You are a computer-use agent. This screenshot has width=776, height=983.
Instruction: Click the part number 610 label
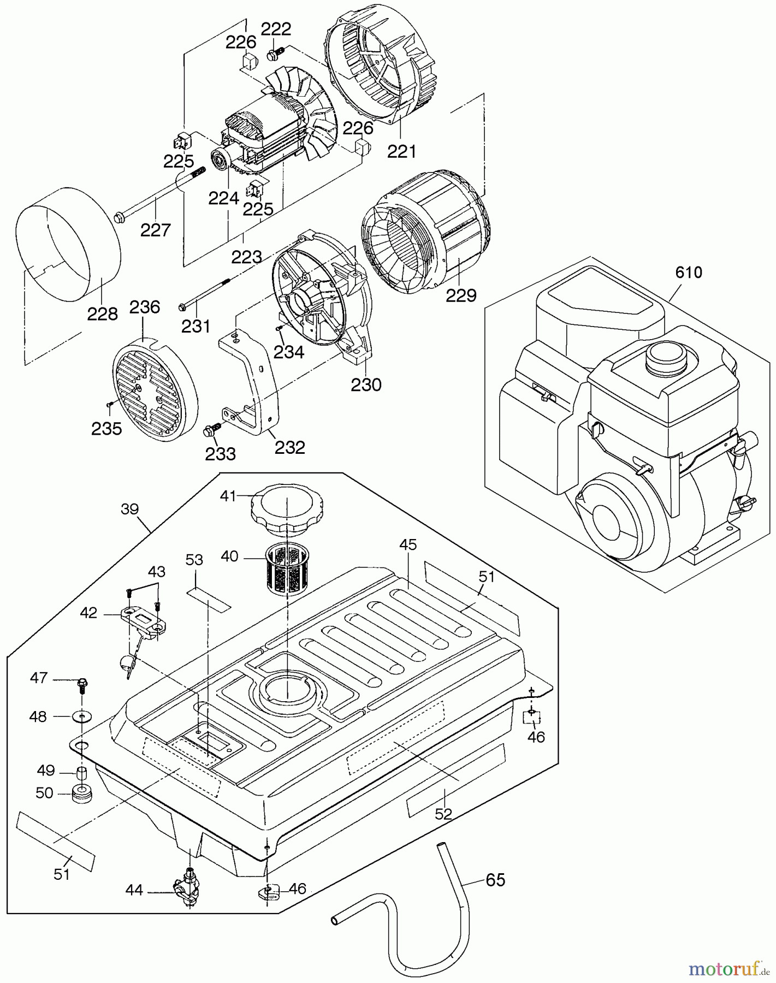coord(688,273)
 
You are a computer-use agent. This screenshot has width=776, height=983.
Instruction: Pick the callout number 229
coord(460,295)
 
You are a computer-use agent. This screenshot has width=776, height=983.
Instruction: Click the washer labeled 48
coord(81,716)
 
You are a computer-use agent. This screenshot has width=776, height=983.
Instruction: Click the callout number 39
coord(129,509)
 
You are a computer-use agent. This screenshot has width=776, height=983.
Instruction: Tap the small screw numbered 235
coord(109,404)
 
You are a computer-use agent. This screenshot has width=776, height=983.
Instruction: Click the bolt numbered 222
coord(274,54)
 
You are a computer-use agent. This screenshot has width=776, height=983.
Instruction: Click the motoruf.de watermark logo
coord(726,969)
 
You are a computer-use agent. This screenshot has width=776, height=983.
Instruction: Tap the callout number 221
coord(401,151)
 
